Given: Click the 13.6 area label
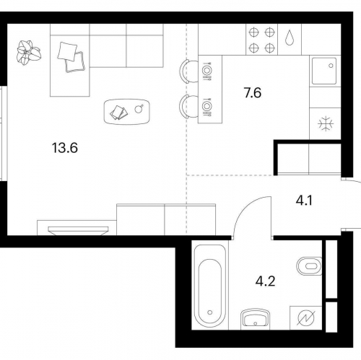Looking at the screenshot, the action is pyautogui.click(x=65, y=148).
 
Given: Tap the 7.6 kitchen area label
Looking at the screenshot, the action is pyautogui.click(x=253, y=93).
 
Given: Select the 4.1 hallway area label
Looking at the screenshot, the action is pyautogui.click(x=304, y=201).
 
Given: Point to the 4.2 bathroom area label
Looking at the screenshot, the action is pyautogui.click(x=265, y=281).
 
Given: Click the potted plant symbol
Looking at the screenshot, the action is pyautogui.click(x=29, y=53).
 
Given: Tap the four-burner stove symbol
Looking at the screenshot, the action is pyautogui.click(x=261, y=40).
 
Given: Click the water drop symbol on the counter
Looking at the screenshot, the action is pyautogui.click(x=290, y=38).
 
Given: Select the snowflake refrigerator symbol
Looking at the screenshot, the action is pyautogui.click(x=326, y=124).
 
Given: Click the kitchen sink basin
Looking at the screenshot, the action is pyautogui.click(x=324, y=71).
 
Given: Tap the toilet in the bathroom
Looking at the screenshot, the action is pyautogui.click(x=309, y=266).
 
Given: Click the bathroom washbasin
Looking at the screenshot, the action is pyautogui.click(x=255, y=319).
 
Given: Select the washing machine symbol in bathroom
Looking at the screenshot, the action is pyautogui.click(x=306, y=318).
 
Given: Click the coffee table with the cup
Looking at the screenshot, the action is pyautogui.click(x=127, y=112).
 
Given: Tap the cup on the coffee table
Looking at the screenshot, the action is pyautogui.click(x=139, y=109).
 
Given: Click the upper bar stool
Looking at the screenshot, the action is pyautogui.click(x=188, y=71).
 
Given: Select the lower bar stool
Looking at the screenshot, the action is pyautogui.click(x=188, y=106).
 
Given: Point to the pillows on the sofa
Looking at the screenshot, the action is pyautogui.click(x=71, y=57).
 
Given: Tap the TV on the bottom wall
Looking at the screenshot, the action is pyautogui.click(x=78, y=230).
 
